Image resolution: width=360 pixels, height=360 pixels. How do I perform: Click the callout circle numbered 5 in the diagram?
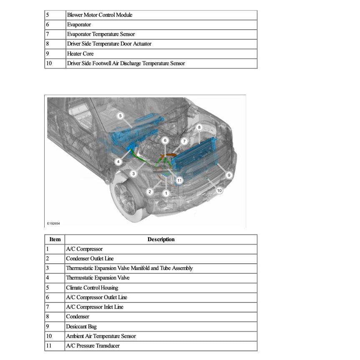[x=120, y=116]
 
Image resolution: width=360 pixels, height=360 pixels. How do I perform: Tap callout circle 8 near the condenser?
[x=199, y=127]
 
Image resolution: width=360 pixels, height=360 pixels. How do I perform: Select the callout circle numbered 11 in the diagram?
[x=179, y=180]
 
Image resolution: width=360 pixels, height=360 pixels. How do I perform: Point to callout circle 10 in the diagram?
[x=219, y=190]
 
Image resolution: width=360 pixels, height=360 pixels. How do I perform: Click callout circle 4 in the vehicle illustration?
[x=119, y=161]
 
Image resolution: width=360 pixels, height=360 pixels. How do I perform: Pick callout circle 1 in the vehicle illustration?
[x=166, y=193]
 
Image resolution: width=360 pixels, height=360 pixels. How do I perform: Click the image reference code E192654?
[x=53, y=224]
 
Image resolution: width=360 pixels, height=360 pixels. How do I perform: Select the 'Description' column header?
[x=161, y=239]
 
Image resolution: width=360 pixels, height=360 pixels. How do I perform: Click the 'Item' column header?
[x=55, y=239]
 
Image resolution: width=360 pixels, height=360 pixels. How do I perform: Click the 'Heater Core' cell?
[x=80, y=54]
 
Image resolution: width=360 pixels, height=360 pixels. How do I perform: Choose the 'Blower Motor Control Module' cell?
[x=100, y=15]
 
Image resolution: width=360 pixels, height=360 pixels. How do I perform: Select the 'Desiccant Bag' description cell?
[x=80, y=327]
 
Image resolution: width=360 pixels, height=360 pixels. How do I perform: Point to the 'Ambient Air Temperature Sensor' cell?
[x=101, y=336]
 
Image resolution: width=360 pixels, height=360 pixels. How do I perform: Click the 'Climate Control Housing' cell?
[x=92, y=288]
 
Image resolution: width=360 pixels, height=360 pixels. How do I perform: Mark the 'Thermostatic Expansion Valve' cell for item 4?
[x=98, y=278]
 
